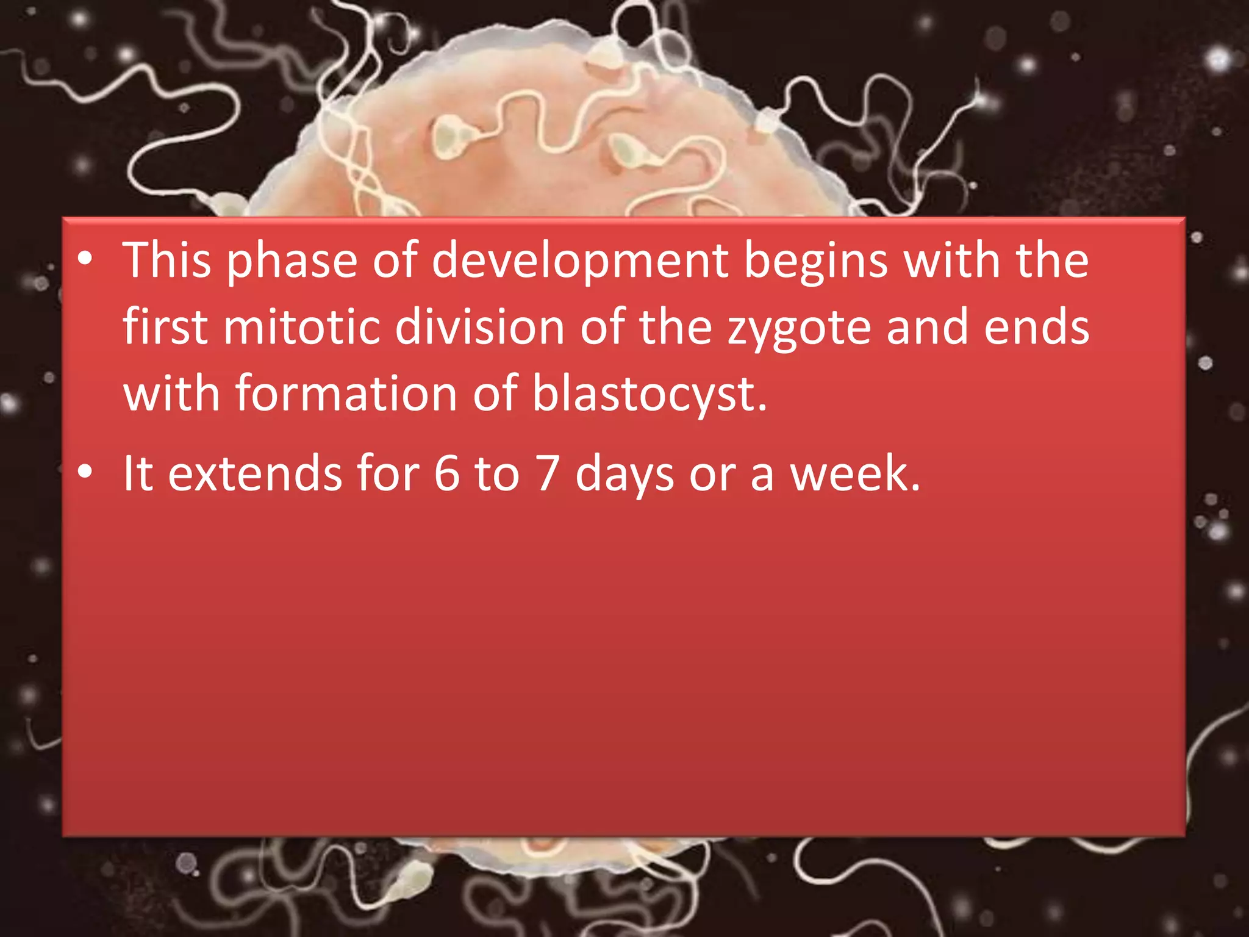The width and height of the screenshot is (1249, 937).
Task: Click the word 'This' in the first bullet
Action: tap(166, 260)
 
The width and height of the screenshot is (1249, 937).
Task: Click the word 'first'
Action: tap(165, 327)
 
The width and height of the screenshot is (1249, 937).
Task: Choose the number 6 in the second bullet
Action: tap(447, 473)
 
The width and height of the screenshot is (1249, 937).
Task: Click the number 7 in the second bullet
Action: tap(547, 473)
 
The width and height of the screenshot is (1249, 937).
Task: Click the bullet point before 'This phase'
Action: tap(85, 259)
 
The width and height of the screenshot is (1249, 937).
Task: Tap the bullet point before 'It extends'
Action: tap(85, 472)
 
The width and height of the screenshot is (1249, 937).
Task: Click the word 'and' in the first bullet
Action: tap(926, 327)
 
